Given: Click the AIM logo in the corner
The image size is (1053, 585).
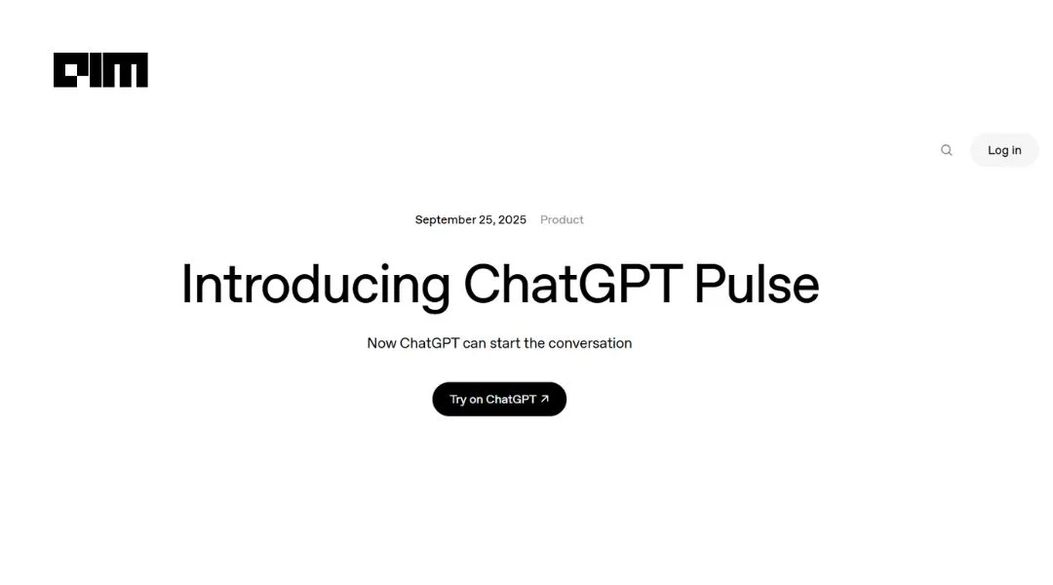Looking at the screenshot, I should point(100,70).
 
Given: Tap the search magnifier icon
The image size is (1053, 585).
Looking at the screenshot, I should point(946,150).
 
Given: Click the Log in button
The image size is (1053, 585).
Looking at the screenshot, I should point(1004,150).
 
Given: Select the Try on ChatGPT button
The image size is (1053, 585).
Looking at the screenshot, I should point(499,399).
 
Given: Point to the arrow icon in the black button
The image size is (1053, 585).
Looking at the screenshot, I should point(545,399).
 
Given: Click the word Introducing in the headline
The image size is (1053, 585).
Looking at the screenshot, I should point(315,285).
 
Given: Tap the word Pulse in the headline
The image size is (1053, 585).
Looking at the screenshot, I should point(756,285).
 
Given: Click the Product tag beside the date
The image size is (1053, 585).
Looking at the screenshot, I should point(562,219).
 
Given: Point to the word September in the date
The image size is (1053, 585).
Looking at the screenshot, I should point(446,219).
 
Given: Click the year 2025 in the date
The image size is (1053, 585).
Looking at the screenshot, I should point(512,219).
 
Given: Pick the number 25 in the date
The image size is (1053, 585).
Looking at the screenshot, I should point(487,219).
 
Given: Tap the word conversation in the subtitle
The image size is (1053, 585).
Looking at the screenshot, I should point(590,343).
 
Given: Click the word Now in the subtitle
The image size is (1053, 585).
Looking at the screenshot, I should point(381,343).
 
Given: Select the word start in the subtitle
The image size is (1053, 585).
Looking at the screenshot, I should point(504,343).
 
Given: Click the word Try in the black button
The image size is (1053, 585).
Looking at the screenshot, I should point(457,400).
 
